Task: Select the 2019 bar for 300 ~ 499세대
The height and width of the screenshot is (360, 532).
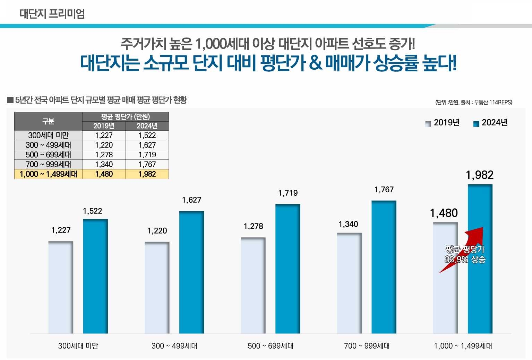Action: click(x=157, y=288)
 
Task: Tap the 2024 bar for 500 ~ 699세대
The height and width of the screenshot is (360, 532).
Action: click(x=288, y=269)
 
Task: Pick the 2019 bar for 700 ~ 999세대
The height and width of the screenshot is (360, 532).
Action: click(x=349, y=283)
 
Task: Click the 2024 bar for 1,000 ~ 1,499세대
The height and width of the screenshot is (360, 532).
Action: click(x=480, y=295)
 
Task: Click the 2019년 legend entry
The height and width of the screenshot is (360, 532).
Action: click(x=443, y=123)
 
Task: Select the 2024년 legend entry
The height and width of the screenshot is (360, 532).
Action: click(x=490, y=123)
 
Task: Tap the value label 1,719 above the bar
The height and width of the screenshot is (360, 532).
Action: click(x=288, y=193)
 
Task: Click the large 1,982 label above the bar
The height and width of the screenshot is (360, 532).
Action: click(x=480, y=175)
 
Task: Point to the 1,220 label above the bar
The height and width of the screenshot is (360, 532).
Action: click(x=157, y=231)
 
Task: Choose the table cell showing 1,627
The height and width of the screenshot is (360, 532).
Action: click(x=147, y=145)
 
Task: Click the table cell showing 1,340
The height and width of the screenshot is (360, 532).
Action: click(x=104, y=164)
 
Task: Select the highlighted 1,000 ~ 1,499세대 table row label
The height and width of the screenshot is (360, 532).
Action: click(x=48, y=174)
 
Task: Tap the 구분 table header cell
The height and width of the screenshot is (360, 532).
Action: click(x=48, y=121)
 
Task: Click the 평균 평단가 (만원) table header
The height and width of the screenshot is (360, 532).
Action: click(x=126, y=116)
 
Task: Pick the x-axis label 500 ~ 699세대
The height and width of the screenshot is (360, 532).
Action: click(x=271, y=346)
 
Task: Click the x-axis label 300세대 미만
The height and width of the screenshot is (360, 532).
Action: click(x=78, y=346)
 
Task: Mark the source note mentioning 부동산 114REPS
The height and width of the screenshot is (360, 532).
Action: click(x=474, y=102)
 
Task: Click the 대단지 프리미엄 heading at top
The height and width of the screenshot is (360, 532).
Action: click(x=52, y=14)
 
